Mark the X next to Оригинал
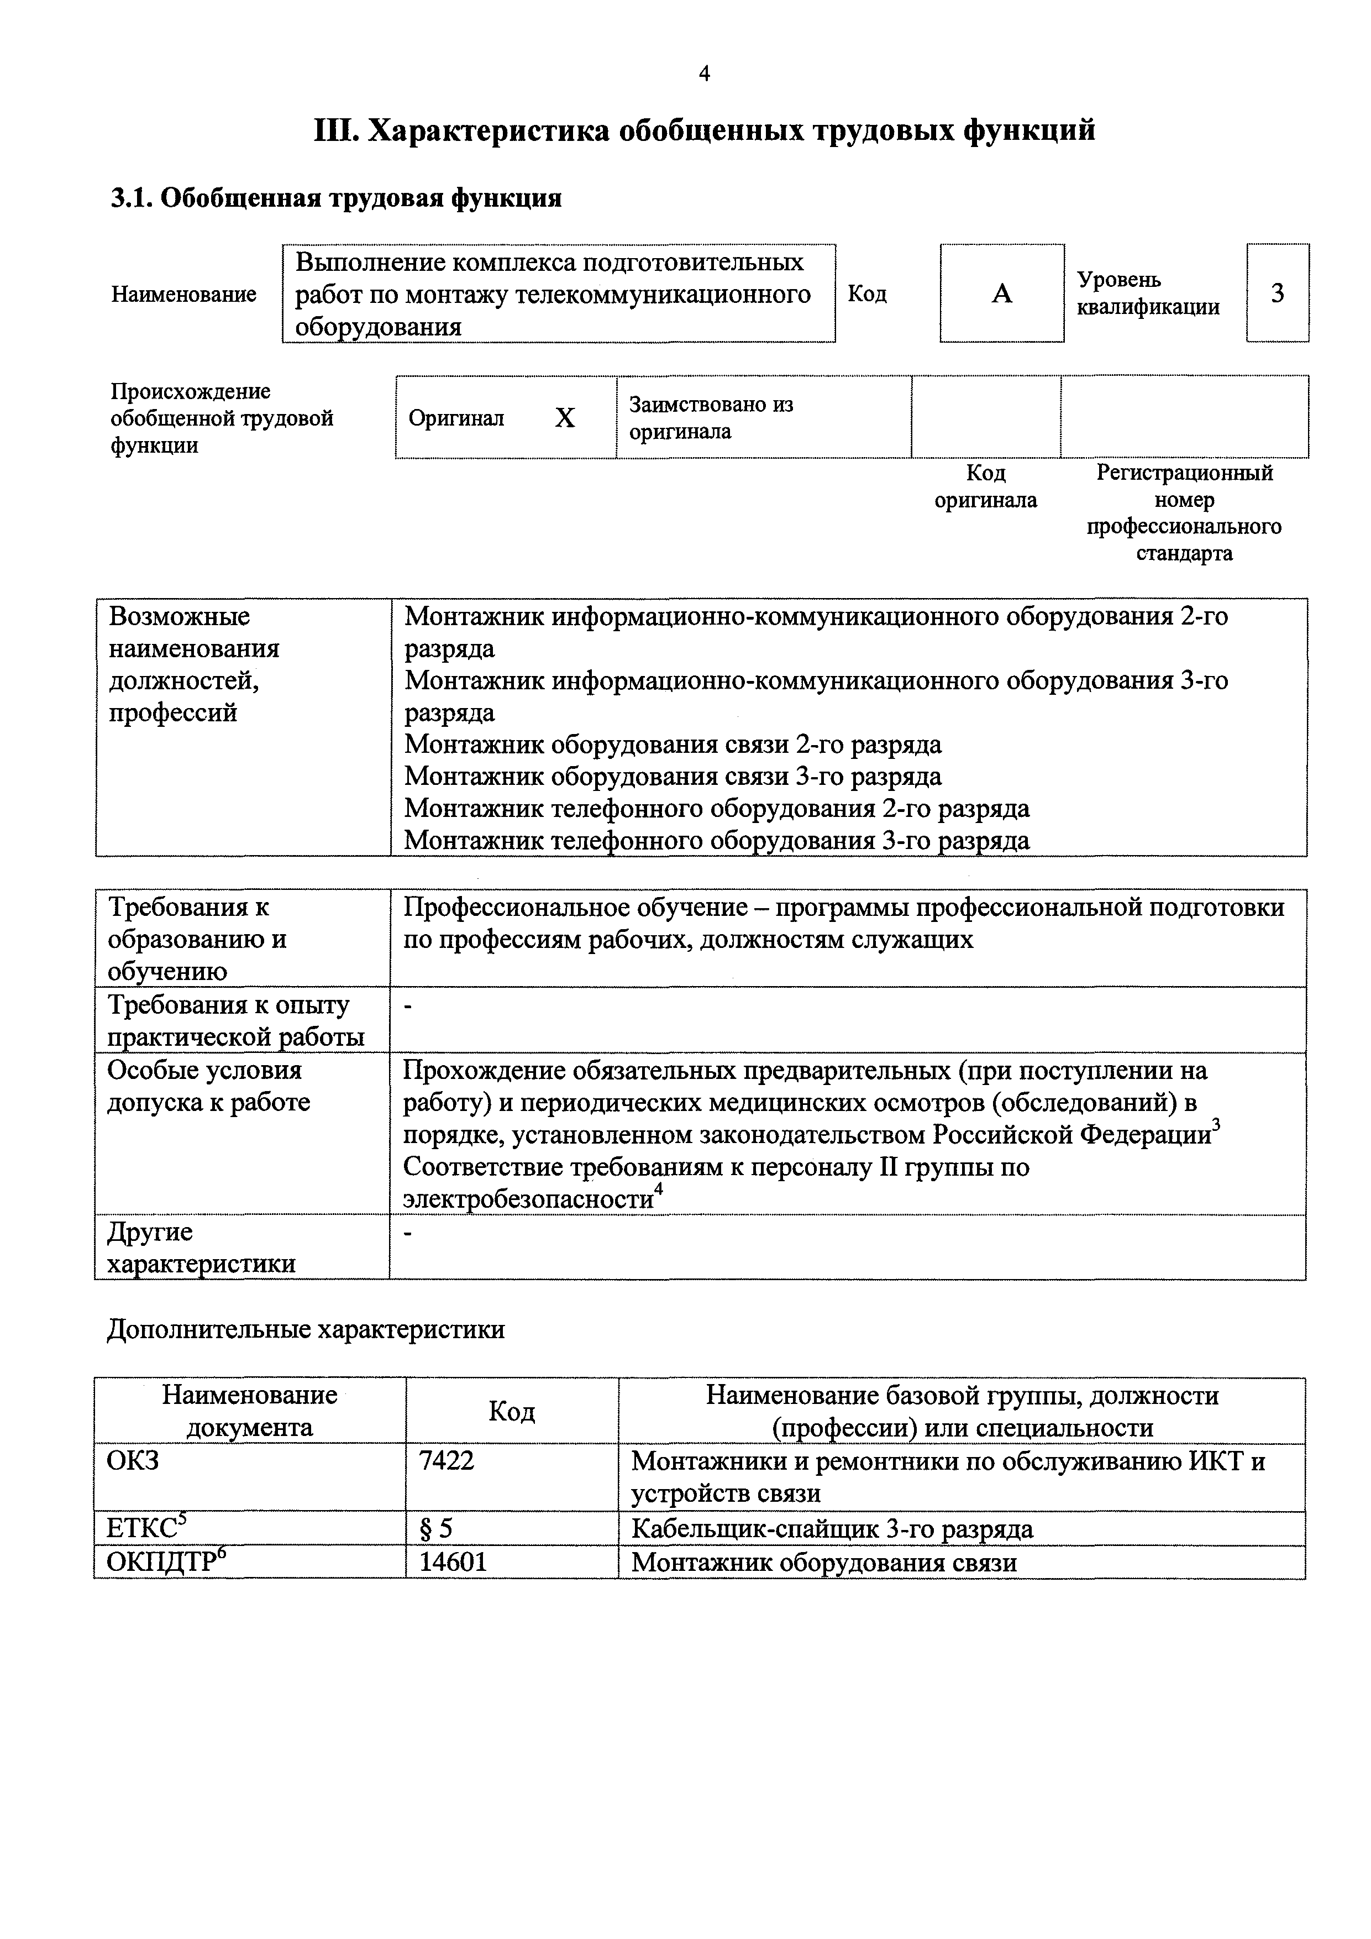tap(565, 418)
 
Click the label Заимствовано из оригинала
tap(711, 418)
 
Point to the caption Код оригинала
tap(985, 486)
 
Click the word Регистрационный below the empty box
tap(1184, 473)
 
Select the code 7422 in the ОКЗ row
tap(447, 1460)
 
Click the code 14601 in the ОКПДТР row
tap(453, 1561)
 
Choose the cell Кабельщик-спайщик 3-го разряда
tap(832, 1529)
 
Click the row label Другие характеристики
tap(201, 1248)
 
